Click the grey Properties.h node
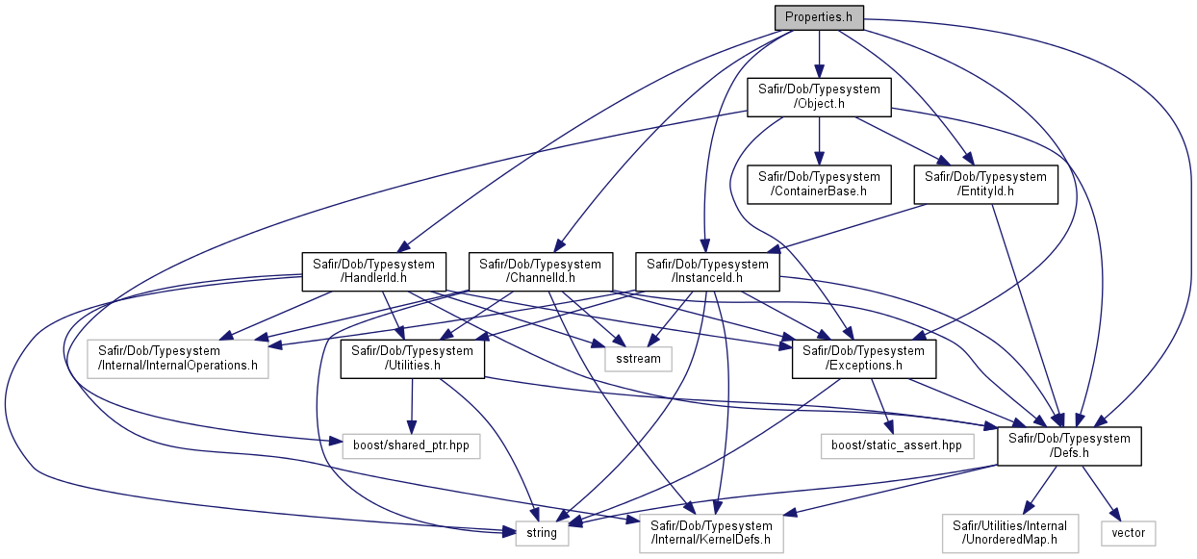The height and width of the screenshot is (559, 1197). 819,17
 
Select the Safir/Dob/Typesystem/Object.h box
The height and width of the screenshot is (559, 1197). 819,97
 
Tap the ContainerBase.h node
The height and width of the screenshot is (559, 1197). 819,185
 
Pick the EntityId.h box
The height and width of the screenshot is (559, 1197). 985,185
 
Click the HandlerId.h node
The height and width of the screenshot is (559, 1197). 373,271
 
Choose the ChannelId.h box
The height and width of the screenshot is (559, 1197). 540,271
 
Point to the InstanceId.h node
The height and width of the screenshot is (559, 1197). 707,271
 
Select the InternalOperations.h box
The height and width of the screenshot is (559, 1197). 177,359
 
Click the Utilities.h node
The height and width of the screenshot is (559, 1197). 413,359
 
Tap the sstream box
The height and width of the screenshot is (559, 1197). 638,359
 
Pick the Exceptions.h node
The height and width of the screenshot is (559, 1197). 863,359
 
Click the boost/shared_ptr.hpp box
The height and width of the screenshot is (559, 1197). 411,446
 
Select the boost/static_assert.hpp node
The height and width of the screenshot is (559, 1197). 897,446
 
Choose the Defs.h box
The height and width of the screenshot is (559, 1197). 1069,446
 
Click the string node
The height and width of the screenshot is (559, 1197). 542,533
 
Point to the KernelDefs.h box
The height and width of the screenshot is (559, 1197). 711,533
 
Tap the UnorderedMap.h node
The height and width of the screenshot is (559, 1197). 1010,533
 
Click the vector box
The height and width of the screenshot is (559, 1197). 1128,533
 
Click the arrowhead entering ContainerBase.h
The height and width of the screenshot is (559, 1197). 819,159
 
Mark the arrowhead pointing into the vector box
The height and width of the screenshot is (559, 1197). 1114,515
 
